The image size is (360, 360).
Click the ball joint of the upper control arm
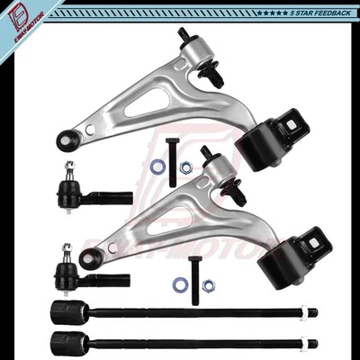click(66, 141)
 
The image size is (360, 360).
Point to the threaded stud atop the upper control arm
click(184, 36)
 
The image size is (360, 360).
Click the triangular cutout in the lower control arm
click(170, 220)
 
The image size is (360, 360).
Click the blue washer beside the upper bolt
click(157, 166)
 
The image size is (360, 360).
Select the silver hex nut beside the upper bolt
click(185, 167)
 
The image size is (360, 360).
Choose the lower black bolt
click(193, 274)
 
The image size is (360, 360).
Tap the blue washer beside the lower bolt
click(180, 284)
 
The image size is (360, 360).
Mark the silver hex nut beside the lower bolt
click(208, 285)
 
